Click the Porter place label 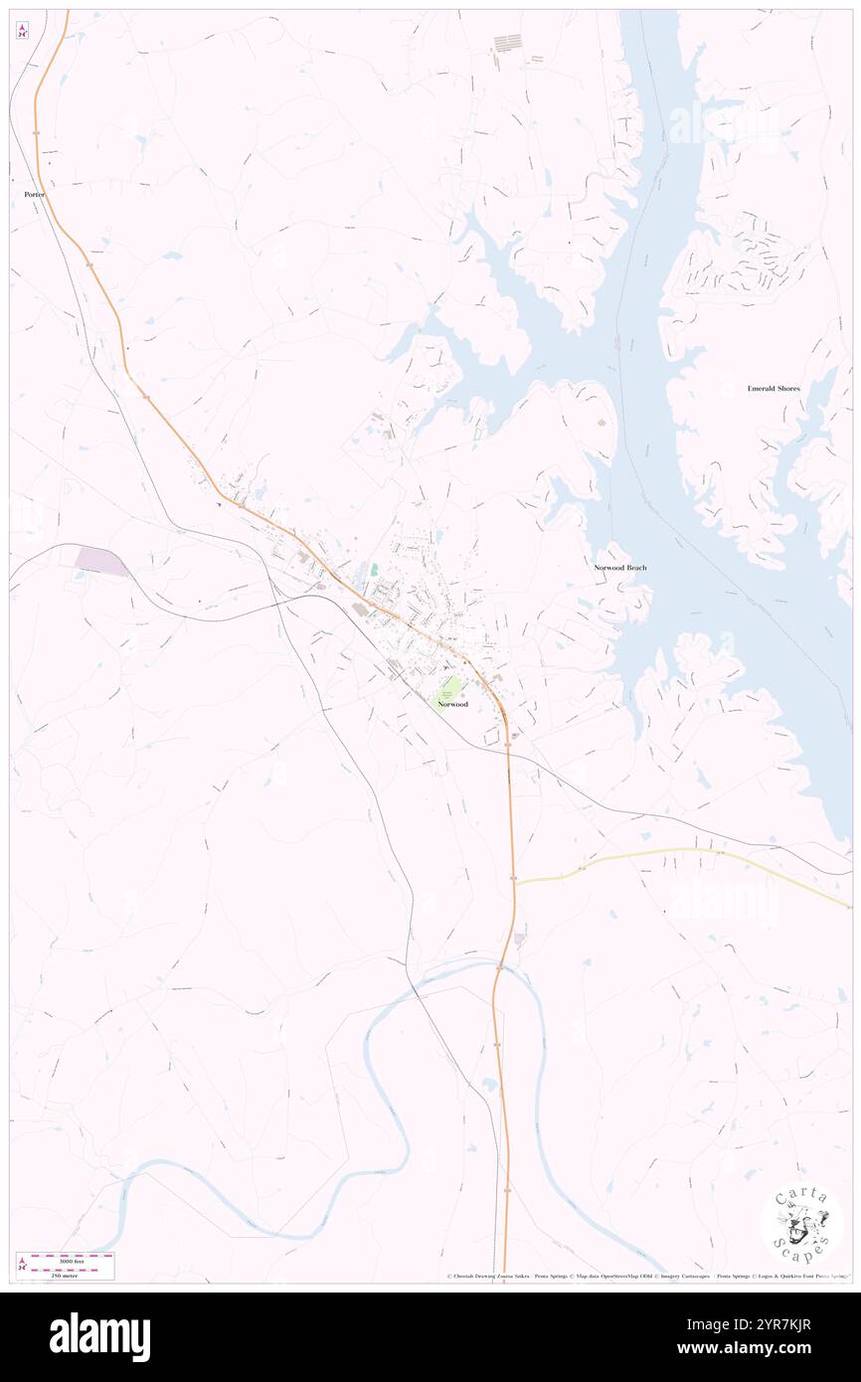pyautogui.click(x=35, y=195)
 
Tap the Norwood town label pyautogui.click(x=452, y=704)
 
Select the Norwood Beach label pyautogui.click(x=620, y=568)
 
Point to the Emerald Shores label pyautogui.click(x=775, y=389)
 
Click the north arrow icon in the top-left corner pyautogui.click(x=22, y=31)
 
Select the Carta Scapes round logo pyautogui.click(x=801, y=1224)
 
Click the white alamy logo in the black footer pyautogui.click(x=99, y=1337)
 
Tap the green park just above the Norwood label pyautogui.click(x=450, y=687)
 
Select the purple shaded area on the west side pyautogui.click(x=101, y=561)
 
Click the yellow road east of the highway pyautogui.click(x=676, y=854)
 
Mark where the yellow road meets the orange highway pyautogui.click(x=515, y=882)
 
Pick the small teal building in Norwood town pyautogui.click(x=375, y=571)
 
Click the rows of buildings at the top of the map pyautogui.click(x=507, y=43)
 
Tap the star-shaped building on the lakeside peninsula pyautogui.click(x=601, y=425)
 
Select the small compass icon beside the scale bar pyautogui.click(x=22, y=1265)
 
